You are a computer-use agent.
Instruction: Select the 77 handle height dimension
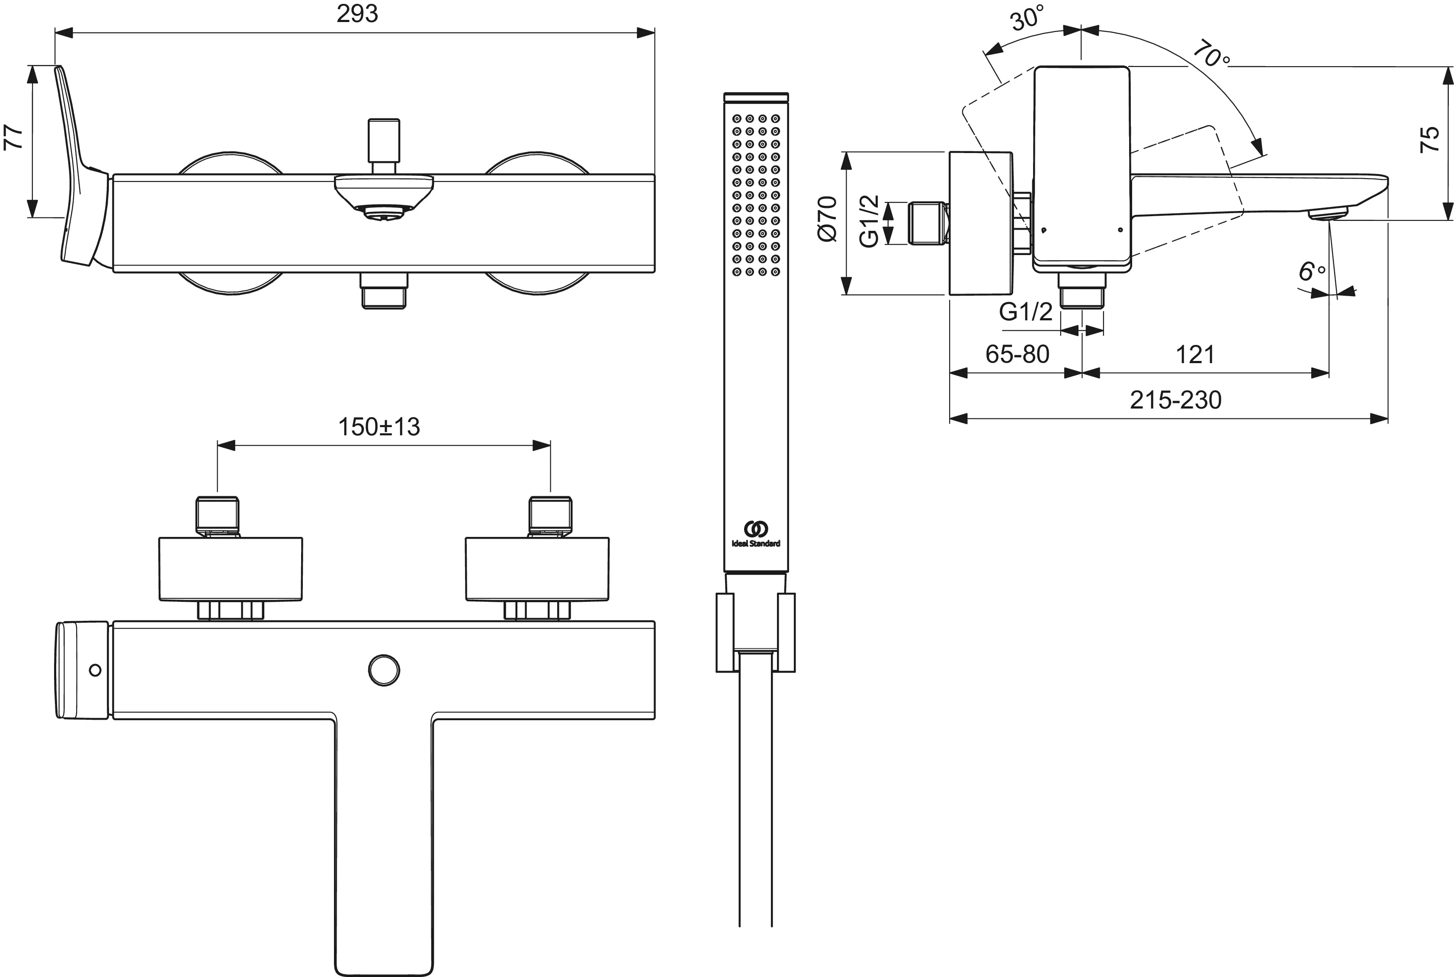(x=14, y=137)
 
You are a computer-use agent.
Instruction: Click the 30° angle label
(x=1027, y=18)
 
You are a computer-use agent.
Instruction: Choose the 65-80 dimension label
(x=1017, y=354)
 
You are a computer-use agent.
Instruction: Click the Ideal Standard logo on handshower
(x=756, y=534)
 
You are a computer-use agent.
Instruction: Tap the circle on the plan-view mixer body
(x=384, y=670)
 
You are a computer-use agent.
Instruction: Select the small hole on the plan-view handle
(x=95, y=670)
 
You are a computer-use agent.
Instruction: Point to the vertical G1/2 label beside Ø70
(x=869, y=221)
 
